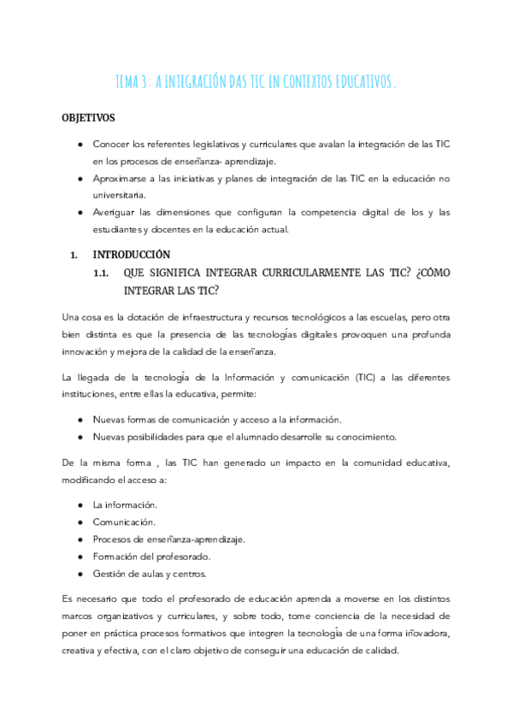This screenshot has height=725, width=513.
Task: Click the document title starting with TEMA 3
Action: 256,81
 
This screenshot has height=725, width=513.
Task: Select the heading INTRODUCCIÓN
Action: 131,254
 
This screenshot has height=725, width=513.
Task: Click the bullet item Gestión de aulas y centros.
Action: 150,573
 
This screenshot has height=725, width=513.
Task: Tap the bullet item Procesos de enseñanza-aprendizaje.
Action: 168,539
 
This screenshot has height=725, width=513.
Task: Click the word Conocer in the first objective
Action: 112,144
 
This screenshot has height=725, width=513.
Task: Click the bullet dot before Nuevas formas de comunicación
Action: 80,420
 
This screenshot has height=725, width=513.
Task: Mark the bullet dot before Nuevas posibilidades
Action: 80,437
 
